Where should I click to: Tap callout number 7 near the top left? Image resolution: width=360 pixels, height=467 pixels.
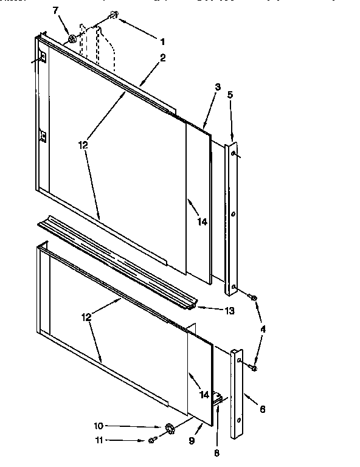click(x=57, y=11)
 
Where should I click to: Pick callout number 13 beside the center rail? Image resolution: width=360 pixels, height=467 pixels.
click(x=229, y=311)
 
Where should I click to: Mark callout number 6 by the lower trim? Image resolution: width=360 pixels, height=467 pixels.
click(x=262, y=409)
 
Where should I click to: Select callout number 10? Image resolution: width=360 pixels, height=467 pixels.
click(x=98, y=426)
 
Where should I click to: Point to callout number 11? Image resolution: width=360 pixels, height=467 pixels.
click(x=98, y=440)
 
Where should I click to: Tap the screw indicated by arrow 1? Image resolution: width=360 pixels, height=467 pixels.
click(x=113, y=15)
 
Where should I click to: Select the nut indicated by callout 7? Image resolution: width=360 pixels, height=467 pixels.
click(x=72, y=40)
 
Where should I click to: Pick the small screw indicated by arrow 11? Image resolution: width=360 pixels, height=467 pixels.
click(x=151, y=440)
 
